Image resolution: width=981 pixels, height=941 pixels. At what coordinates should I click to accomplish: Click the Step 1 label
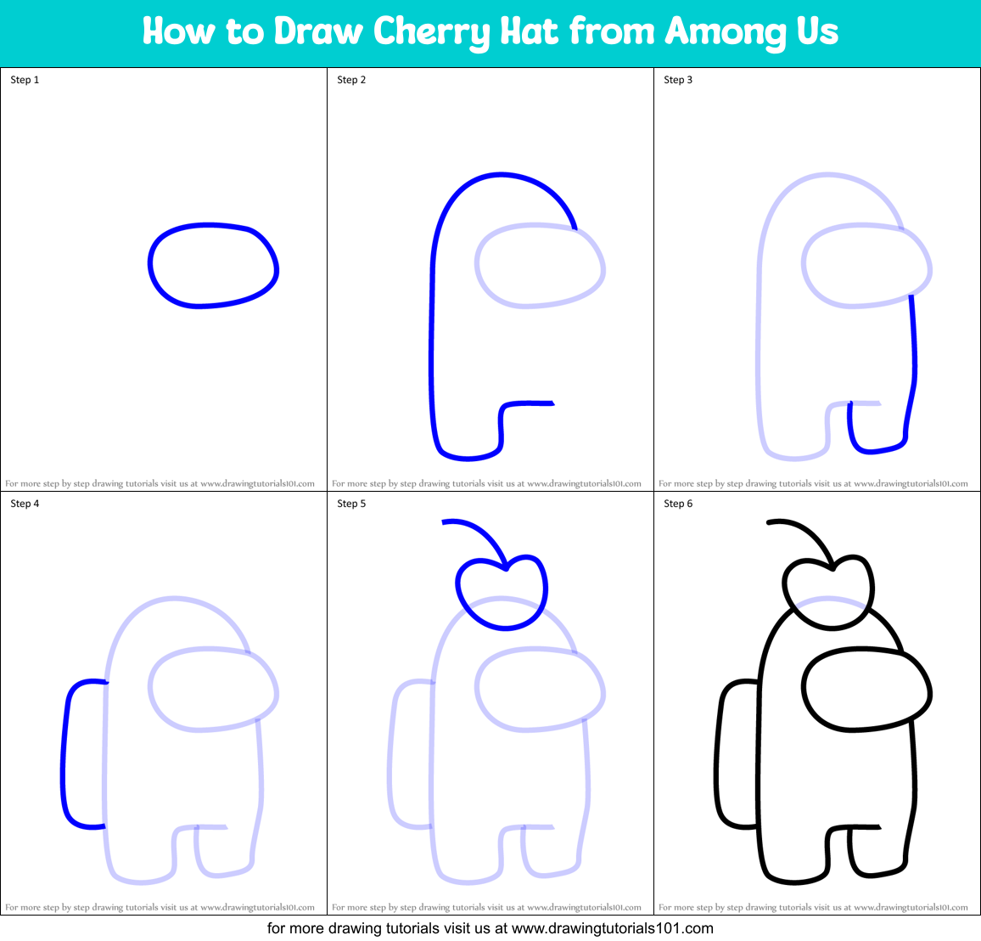point(25,80)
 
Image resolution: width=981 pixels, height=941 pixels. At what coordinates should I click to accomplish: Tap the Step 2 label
point(351,80)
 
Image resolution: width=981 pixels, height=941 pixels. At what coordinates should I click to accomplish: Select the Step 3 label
point(678,80)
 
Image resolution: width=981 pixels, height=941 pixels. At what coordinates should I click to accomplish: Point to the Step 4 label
point(25,504)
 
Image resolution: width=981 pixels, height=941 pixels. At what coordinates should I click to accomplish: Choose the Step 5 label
point(351,504)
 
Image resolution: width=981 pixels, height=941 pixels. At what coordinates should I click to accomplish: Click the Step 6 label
point(678,504)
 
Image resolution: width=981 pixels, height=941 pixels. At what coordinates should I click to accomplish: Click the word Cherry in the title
point(431,32)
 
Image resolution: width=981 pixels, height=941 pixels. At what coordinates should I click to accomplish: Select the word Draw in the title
point(318,32)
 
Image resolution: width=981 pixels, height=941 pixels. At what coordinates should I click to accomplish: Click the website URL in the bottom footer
point(613,928)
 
